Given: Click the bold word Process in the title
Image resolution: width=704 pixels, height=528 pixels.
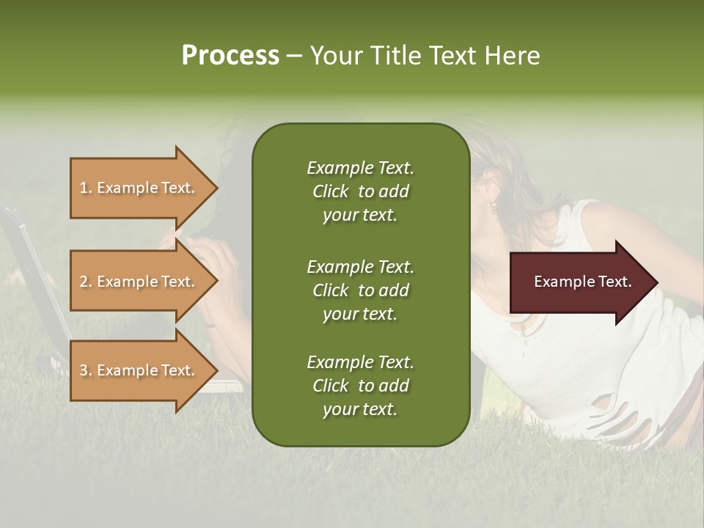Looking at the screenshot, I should pyautogui.click(x=230, y=56).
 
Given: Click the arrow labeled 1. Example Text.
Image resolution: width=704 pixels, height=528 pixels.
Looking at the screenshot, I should pyautogui.click(x=139, y=188).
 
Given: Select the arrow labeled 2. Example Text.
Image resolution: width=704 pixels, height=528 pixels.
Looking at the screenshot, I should pyautogui.click(x=139, y=282).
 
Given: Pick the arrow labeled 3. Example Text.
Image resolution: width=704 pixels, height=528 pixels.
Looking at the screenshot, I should pyautogui.click(x=139, y=370).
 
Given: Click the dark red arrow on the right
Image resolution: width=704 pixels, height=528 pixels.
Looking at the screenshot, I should pyautogui.click(x=579, y=282).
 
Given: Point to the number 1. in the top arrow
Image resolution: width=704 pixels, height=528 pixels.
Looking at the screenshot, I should pyautogui.click(x=86, y=188).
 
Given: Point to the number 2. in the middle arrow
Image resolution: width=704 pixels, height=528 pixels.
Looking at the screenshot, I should pyautogui.click(x=86, y=282).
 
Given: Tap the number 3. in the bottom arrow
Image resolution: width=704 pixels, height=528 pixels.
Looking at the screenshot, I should pyautogui.click(x=86, y=371).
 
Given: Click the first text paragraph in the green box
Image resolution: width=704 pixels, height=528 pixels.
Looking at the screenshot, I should pyautogui.click(x=360, y=191).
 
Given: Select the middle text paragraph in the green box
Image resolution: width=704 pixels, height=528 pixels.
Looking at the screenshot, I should pyautogui.click(x=360, y=290).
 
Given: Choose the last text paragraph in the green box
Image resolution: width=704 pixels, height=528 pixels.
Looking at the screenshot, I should pyautogui.click(x=360, y=386).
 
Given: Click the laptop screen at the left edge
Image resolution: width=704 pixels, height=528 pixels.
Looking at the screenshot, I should pyautogui.click(x=29, y=279).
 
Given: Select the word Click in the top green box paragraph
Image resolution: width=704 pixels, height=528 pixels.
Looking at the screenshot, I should pyautogui.click(x=330, y=192).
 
